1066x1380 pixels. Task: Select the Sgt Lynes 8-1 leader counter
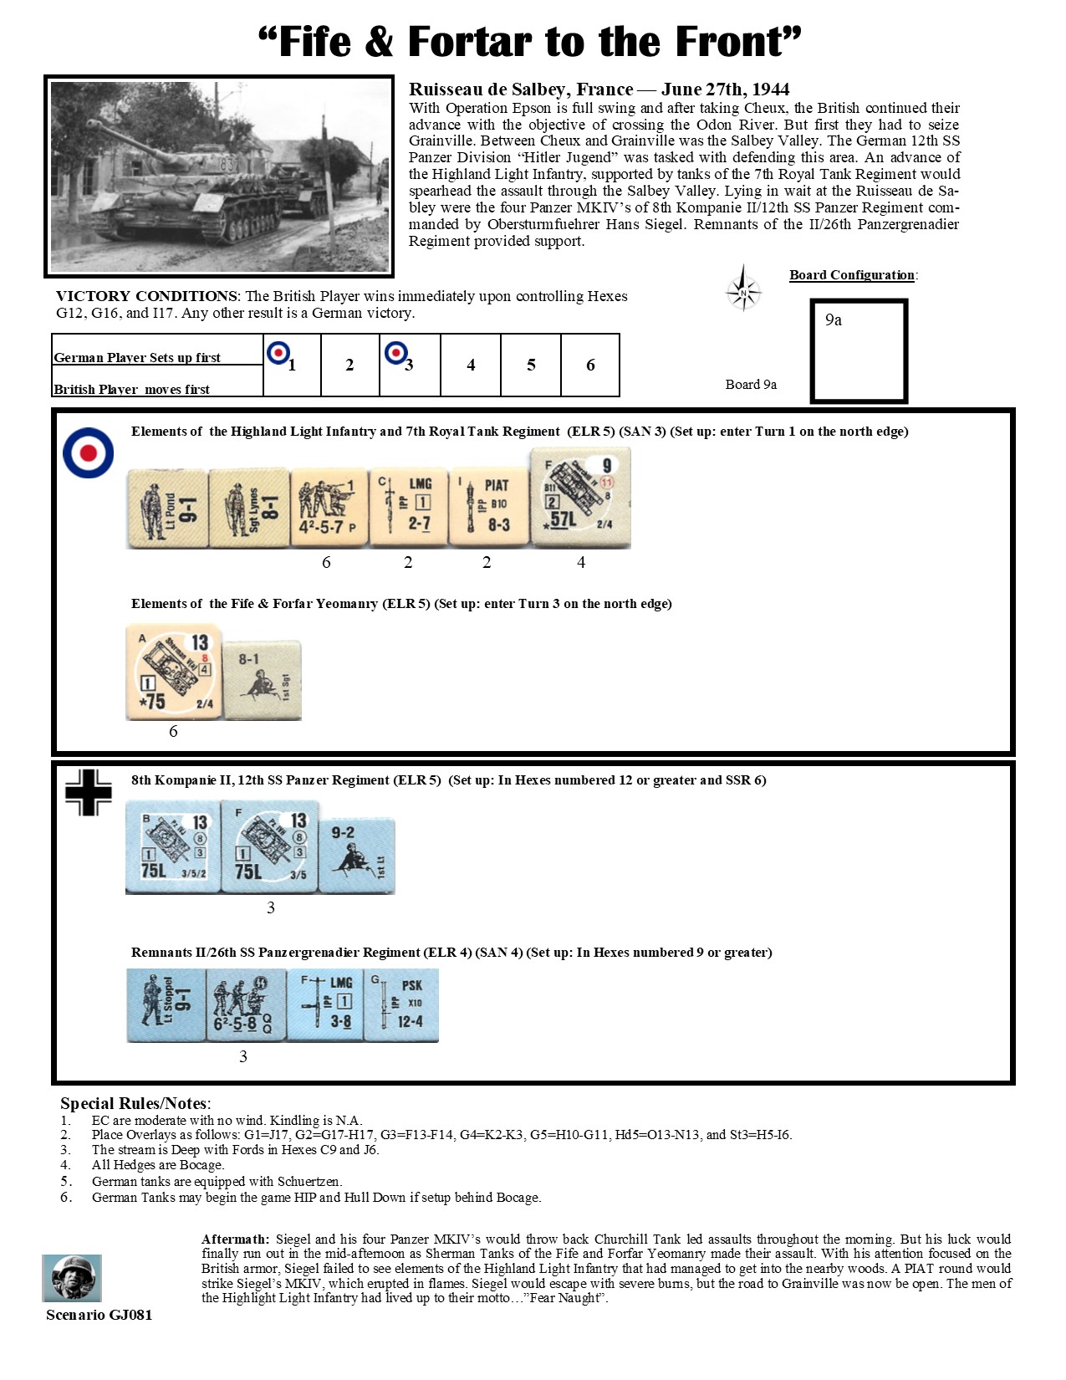[x=248, y=509]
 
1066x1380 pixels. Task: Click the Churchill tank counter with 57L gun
[x=580, y=498]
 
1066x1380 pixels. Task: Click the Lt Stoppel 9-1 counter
[x=166, y=1004]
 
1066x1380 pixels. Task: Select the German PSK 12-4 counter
[x=401, y=1004]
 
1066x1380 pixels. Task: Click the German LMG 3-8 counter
[x=325, y=1004]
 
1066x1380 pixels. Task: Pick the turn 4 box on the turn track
[x=471, y=365]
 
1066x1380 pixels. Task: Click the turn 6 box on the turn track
[x=590, y=365]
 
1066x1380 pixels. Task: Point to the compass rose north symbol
[x=743, y=289]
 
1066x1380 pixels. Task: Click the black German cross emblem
[x=89, y=791]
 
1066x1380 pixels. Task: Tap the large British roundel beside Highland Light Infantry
[x=88, y=452]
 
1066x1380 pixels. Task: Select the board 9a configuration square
[x=859, y=350]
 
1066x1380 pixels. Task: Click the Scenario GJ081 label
[x=99, y=1315]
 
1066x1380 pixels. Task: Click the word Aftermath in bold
[x=235, y=1239]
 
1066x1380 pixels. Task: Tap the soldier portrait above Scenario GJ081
[x=72, y=1278]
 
